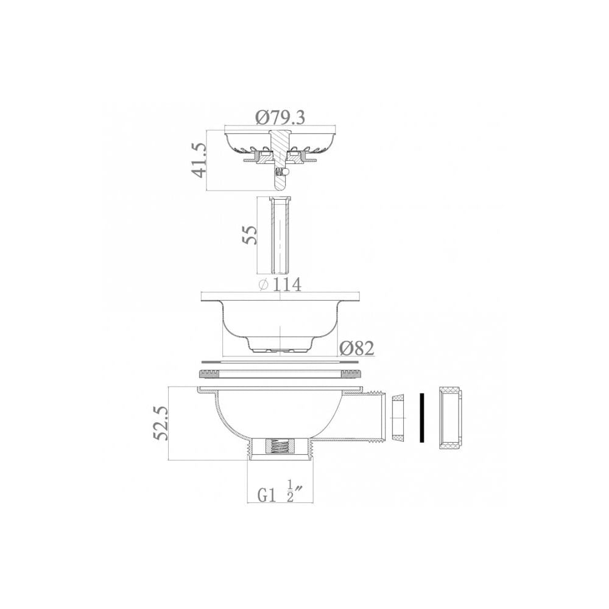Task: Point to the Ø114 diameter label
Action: (280, 284)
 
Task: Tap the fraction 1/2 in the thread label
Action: (290, 491)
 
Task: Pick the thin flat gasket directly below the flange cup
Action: (280, 361)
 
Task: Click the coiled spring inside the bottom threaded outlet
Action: (279, 448)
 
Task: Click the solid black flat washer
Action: (420, 417)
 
